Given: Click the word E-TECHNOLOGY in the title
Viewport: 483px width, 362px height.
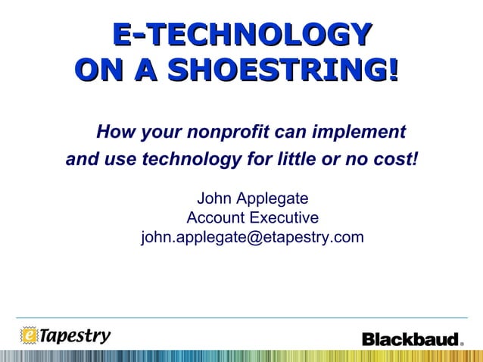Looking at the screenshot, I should (x=241, y=35).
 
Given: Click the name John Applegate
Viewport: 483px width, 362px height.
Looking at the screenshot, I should (x=252, y=199).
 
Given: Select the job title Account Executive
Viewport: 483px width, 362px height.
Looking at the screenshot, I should (x=252, y=219).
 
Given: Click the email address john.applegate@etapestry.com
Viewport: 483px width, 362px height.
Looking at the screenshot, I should (x=252, y=238).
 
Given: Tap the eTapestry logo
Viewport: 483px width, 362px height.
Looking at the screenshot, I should (x=66, y=335).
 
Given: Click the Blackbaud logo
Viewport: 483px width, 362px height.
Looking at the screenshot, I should (x=410, y=339).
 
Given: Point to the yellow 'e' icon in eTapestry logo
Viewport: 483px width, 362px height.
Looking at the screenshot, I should (x=29, y=335).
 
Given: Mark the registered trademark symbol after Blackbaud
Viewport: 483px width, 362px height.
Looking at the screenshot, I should (x=462, y=343).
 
